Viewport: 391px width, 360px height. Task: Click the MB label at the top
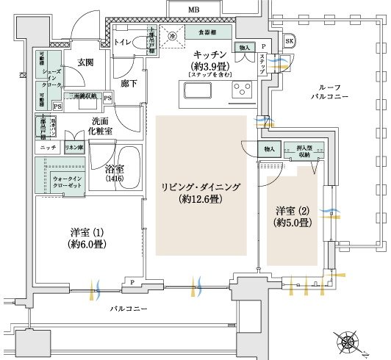point(193,10)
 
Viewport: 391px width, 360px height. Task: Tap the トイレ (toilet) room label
point(123,43)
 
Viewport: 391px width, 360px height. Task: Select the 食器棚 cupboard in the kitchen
point(208,33)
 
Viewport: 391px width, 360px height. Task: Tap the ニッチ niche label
point(43,148)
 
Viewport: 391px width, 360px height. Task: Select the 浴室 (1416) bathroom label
point(115,173)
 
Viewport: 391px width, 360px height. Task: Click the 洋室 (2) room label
point(289,215)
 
